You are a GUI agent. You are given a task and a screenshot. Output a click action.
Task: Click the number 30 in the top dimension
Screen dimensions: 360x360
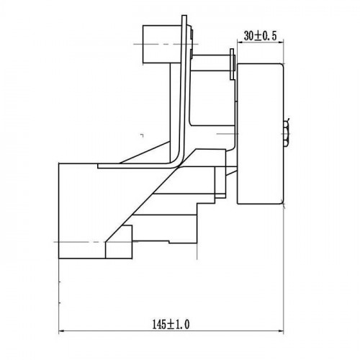[248, 36]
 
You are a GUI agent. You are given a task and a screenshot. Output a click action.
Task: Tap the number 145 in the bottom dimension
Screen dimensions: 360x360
[160, 325]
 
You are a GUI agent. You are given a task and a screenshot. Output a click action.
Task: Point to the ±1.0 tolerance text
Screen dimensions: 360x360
[179, 325]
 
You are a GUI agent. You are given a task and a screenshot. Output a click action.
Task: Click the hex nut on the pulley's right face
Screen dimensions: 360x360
[286, 133]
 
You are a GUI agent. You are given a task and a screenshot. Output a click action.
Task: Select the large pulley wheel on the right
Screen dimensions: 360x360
[261, 134]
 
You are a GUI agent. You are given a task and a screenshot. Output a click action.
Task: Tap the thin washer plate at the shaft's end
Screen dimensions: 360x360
[232, 64]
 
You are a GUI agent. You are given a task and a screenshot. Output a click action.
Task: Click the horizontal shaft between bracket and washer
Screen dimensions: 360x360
[211, 63]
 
